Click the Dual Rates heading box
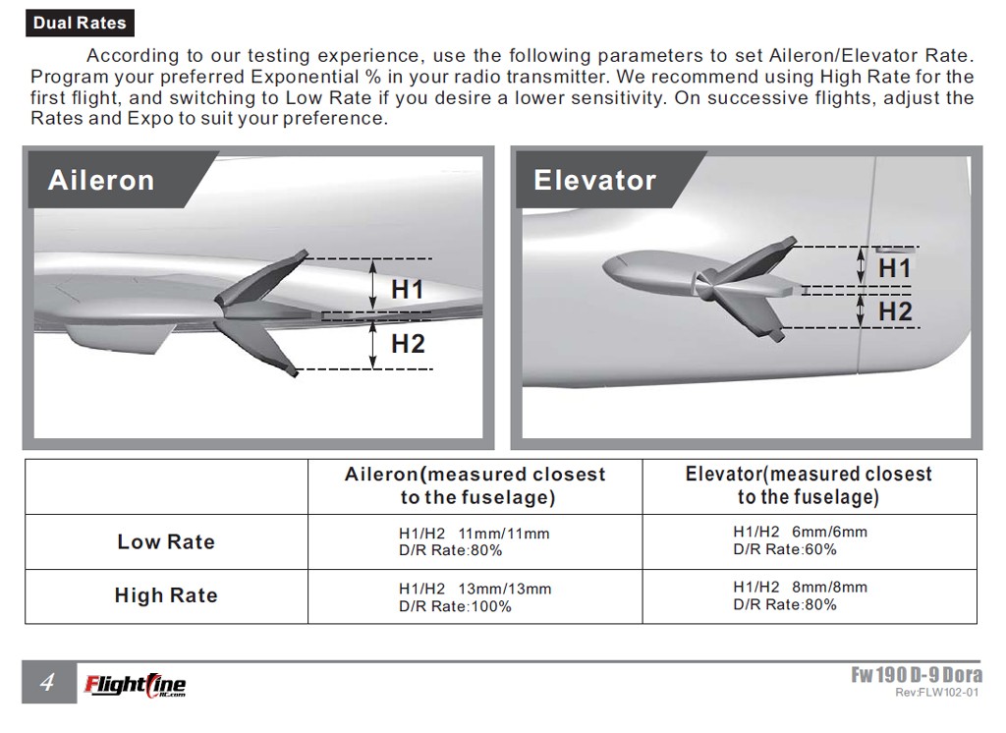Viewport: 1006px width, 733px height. tap(80, 24)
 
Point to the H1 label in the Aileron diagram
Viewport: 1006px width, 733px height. tap(408, 290)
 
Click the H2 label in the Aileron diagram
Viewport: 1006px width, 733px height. tap(408, 344)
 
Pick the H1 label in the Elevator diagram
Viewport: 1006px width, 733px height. tap(895, 267)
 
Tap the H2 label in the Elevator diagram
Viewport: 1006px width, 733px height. tap(895, 311)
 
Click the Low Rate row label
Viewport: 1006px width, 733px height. tap(166, 541)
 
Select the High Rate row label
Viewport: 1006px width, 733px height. tap(166, 595)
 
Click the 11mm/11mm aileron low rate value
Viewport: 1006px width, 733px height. tap(504, 534)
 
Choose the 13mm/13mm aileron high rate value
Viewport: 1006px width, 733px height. tap(504, 589)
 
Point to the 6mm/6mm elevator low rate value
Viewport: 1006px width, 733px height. tap(829, 533)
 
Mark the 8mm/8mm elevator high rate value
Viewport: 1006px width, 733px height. tap(829, 588)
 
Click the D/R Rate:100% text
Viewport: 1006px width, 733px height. tap(455, 606)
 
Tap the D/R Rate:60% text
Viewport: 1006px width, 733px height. tap(785, 549)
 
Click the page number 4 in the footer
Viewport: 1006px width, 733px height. tap(47, 682)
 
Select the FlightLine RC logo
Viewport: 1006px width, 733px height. tap(136, 685)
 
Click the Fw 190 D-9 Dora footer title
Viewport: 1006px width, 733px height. tap(917, 675)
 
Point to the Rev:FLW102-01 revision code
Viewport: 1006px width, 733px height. tap(937, 693)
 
